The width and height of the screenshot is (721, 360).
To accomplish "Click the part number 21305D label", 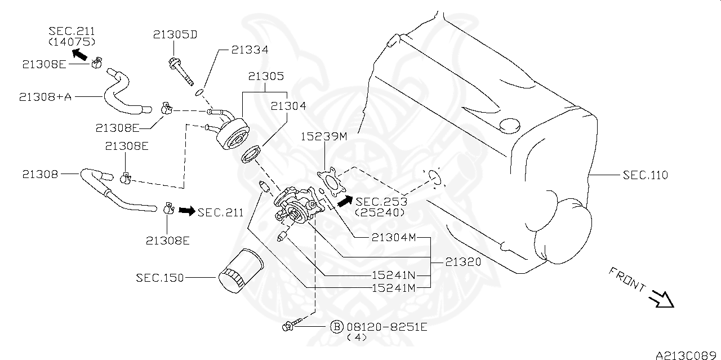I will tap(175, 35).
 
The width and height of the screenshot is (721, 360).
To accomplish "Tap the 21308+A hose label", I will tap(45, 97).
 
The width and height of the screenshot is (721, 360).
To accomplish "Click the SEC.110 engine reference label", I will tap(645, 175).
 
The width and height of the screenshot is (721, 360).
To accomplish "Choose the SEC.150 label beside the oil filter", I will tap(159, 278).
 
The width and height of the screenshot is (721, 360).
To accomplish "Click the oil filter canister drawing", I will tap(241, 271).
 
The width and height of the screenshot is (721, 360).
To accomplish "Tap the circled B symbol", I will tap(336, 326).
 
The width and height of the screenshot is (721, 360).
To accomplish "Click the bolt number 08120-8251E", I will tap(386, 326).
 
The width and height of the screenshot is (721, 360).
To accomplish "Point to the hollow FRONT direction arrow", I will tap(661, 299).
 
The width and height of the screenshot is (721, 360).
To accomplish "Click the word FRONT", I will tap(627, 279).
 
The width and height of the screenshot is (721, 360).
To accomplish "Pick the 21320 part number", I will tap(463, 262).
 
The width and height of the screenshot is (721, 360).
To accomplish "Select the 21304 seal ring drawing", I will tap(252, 154).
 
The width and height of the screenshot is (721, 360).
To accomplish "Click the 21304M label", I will tap(393, 237).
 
